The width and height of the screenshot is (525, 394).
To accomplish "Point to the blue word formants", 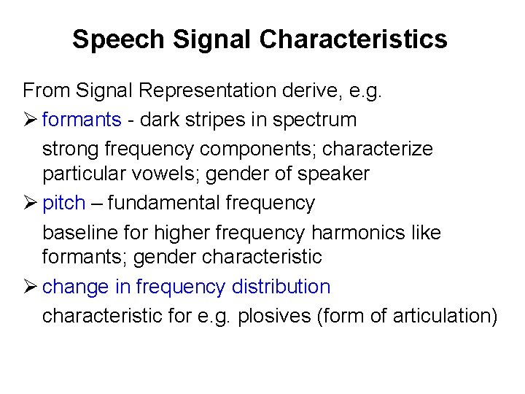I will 82,119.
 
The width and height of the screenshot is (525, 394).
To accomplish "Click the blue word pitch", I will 63,204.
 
